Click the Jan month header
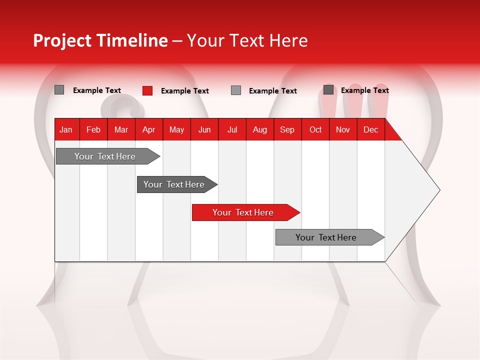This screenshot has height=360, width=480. click(x=66, y=129)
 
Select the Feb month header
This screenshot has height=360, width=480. click(x=93, y=129)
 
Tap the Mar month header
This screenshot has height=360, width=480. click(x=121, y=129)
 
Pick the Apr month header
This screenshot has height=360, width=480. click(x=148, y=129)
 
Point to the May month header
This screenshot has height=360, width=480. click(x=176, y=129)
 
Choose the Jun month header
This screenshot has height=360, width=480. click(x=204, y=129)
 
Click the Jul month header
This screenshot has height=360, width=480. click(x=232, y=129)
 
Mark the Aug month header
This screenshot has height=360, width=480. click(x=259, y=129)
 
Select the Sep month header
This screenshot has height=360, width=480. click(x=287, y=129)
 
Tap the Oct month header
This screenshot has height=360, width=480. click(x=315, y=129)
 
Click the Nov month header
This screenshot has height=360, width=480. click(x=343, y=129)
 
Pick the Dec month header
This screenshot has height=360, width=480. click(x=370, y=129)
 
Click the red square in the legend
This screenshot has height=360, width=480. click(x=147, y=90)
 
